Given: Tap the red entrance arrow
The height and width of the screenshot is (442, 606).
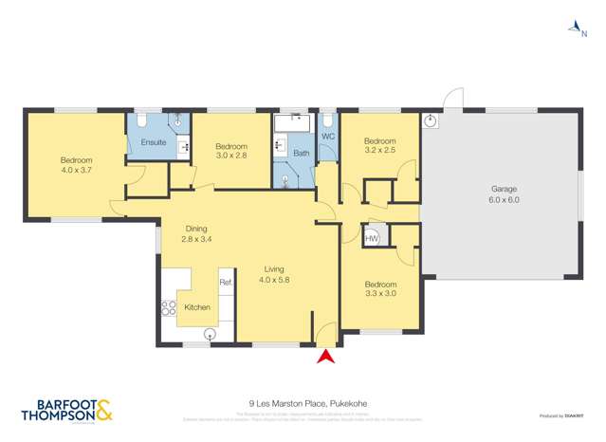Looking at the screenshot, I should (x=325, y=357).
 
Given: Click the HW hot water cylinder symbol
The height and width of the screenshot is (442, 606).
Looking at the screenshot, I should (x=372, y=238).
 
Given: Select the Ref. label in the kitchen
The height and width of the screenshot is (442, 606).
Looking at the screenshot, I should (x=226, y=282).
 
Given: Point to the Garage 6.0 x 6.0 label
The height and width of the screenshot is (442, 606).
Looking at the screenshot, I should (x=505, y=194).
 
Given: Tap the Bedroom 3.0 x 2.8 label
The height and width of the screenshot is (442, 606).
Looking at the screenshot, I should (x=230, y=150).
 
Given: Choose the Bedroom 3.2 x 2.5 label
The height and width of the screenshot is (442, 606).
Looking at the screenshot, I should (x=379, y=144).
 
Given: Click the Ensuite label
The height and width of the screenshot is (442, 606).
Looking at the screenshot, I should (x=154, y=142).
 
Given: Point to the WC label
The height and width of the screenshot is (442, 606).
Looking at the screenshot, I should (x=328, y=137).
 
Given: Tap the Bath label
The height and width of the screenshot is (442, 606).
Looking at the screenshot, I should (x=301, y=153).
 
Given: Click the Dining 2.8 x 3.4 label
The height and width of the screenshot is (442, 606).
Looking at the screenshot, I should (x=196, y=234).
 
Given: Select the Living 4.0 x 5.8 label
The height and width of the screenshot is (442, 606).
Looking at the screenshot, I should (x=278, y=274).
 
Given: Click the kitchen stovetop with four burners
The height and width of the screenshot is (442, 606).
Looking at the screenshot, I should (x=169, y=307).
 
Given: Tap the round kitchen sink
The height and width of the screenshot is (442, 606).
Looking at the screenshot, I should (x=210, y=333).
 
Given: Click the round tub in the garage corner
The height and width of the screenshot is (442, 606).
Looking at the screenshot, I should (x=431, y=120).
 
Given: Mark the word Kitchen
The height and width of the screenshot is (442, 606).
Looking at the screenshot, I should (x=197, y=307).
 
